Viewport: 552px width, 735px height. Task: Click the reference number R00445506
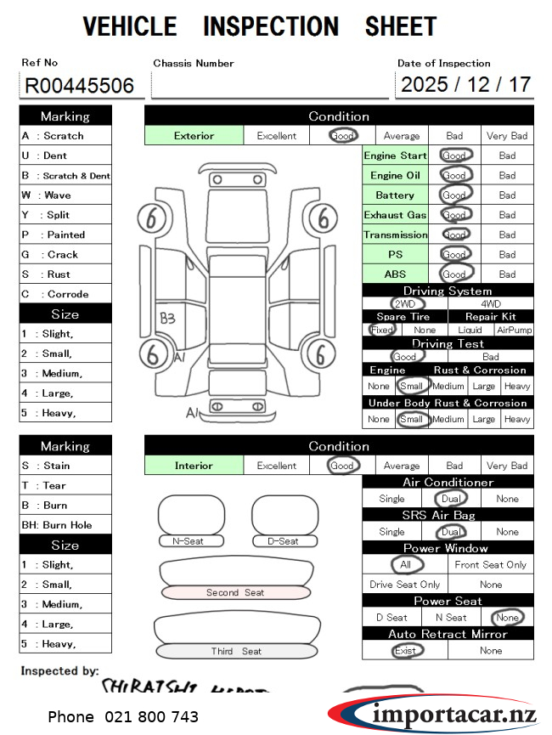[x=79, y=86]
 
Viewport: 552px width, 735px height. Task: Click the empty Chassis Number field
[x=269, y=86]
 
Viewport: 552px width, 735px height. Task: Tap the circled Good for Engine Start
[x=455, y=155]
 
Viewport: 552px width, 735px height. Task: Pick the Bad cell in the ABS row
[x=507, y=274]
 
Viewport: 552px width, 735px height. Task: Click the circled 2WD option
[x=406, y=303]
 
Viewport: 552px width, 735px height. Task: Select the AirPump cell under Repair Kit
[x=515, y=330]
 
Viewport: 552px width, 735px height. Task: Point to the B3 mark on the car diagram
[x=168, y=319]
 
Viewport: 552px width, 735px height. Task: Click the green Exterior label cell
[x=194, y=135]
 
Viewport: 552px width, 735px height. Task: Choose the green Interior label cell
[x=194, y=466]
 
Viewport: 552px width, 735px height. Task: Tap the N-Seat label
[x=189, y=541]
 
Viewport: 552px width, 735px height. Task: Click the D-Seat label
[x=284, y=541]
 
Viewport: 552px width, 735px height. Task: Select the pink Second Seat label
[x=235, y=592]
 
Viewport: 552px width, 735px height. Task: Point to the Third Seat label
[x=236, y=651]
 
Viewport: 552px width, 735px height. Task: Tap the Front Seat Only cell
[x=491, y=565]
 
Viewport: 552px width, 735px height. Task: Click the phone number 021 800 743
[x=123, y=716]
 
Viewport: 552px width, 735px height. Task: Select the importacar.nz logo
[x=433, y=712]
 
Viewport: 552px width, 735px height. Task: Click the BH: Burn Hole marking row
[x=65, y=525]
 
